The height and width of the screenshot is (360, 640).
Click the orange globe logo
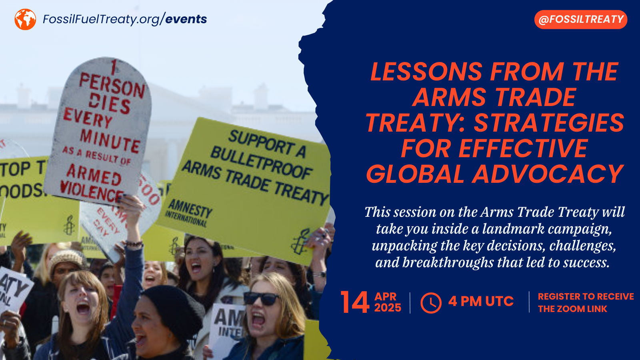point(25,19)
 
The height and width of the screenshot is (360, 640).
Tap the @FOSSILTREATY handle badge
point(581,20)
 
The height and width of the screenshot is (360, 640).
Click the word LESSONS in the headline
point(426,72)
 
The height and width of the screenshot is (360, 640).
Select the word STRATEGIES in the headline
point(549,123)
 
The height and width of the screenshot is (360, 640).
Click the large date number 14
point(354,302)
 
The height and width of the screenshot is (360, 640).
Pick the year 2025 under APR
point(388,308)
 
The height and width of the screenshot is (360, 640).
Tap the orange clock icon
point(431,303)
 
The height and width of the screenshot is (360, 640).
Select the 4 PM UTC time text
point(481,301)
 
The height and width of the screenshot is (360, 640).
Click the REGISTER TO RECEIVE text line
point(586,296)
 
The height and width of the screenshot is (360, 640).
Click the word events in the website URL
point(186,19)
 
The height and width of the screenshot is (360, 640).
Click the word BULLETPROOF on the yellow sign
point(261,162)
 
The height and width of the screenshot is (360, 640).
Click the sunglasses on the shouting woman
point(262,298)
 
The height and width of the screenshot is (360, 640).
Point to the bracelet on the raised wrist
point(133,243)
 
